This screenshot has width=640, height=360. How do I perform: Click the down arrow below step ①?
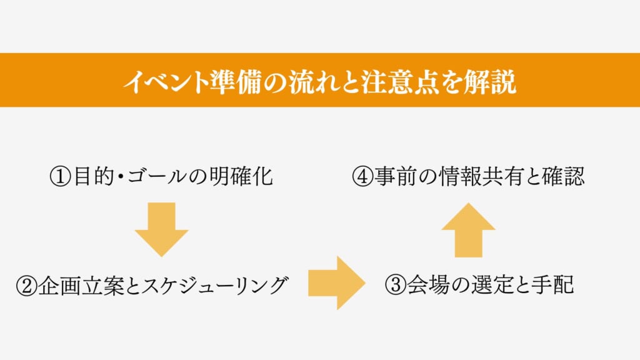click(161, 229)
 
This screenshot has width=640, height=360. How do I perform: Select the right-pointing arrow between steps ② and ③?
click(336, 282)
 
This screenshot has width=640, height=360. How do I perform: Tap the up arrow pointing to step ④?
click(468, 229)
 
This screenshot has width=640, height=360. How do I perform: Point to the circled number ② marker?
click(27, 286)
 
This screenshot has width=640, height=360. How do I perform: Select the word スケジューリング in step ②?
click(214, 286)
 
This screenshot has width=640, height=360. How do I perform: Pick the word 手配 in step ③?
click(555, 286)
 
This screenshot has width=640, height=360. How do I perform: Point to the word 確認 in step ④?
click(564, 177)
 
